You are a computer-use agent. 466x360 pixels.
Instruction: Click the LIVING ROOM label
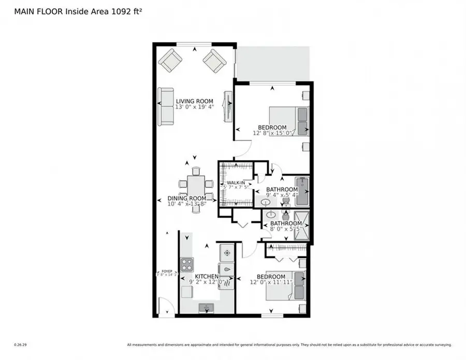pyautogui.click(x=194, y=102)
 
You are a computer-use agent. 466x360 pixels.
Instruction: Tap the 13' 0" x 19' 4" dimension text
pyautogui.click(x=194, y=108)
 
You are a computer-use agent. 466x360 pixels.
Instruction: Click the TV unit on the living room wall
pyautogui.click(x=227, y=107)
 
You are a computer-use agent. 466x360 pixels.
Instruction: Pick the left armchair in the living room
pyautogui.click(x=170, y=62)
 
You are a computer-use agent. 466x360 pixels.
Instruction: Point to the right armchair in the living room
pyautogui.click(x=214, y=62)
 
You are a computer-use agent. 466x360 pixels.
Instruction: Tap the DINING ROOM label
pyautogui.click(x=186, y=198)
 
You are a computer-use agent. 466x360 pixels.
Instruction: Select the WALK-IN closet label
pyautogui.click(x=236, y=183)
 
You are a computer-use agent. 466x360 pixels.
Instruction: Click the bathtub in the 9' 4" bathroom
pyautogui.click(x=302, y=190)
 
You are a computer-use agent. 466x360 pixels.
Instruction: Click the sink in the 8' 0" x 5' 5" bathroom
pyautogui.click(x=271, y=216)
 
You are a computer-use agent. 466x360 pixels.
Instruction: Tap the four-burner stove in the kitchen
pyautogui.click(x=187, y=265)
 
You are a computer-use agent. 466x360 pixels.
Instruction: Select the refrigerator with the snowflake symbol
pyautogui.click(x=226, y=254)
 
